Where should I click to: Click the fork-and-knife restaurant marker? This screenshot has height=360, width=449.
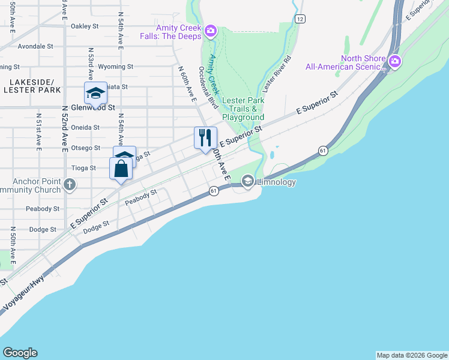[x=205, y=137]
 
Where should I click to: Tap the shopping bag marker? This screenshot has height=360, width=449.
[x=121, y=168]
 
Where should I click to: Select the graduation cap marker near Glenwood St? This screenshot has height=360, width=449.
[x=95, y=92]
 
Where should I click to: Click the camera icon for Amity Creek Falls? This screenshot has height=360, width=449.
[x=210, y=31]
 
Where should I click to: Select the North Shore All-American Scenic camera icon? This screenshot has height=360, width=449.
[x=394, y=61]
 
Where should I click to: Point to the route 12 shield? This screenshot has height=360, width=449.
[x=300, y=19]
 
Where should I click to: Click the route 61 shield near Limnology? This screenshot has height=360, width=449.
[x=323, y=150]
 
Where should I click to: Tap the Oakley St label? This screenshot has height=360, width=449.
[x=84, y=26]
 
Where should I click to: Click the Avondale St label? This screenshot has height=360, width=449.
[x=36, y=46]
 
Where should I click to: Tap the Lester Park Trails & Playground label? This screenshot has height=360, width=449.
[x=243, y=109]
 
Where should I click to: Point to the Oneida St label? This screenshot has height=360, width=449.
[x=85, y=127]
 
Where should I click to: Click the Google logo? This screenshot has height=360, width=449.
[x=20, y=353]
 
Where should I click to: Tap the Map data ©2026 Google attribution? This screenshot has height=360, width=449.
[x=412, y=355]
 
